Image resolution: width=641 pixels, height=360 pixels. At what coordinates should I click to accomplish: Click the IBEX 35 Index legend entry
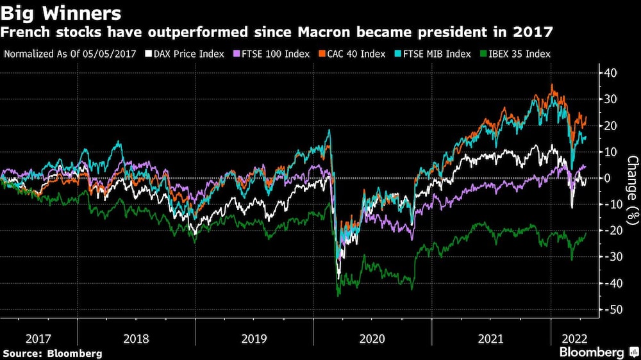(x=518, y=54)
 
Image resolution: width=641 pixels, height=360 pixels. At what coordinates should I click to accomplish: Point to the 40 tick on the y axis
(x=610, y=73)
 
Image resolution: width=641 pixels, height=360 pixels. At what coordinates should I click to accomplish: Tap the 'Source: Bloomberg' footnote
(x=52, y=353)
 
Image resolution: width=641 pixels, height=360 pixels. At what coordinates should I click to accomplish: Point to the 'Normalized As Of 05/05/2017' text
(x=70, y=54)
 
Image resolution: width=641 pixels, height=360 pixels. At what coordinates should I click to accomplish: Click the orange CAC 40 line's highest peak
(x=552, y=85)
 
